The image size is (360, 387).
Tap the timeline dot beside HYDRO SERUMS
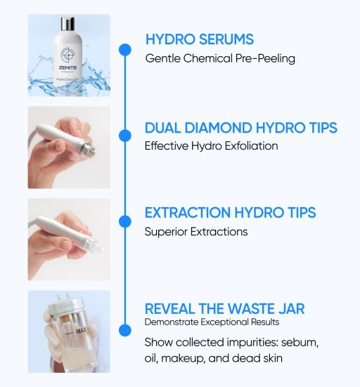124,49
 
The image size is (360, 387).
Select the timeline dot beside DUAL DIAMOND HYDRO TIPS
124,135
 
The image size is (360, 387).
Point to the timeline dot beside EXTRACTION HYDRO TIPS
124,221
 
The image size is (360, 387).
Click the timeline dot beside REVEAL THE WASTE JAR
124,329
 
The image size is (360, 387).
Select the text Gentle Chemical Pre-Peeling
220,58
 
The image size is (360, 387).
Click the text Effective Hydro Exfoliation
212,147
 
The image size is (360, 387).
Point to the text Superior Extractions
196,231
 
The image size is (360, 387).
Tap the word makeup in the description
186,358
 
